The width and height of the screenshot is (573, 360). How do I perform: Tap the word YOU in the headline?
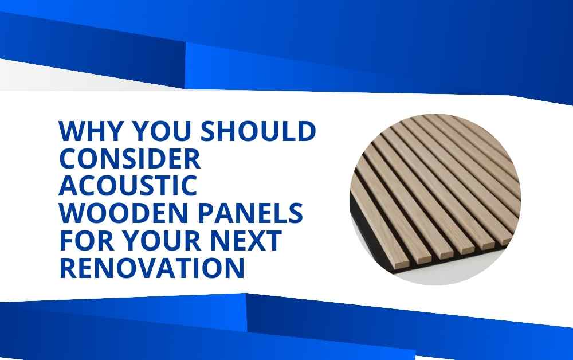click(x=161, y=131)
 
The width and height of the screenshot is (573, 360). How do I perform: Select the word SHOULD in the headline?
click(x=258, y=131)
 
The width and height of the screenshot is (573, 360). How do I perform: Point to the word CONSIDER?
click(x=129, y=158)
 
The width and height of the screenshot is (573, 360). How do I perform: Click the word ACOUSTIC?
click(x=128, y=185)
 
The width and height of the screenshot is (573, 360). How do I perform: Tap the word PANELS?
click(x=250, y=213)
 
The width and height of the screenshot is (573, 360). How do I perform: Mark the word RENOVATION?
click(x=152, y=268)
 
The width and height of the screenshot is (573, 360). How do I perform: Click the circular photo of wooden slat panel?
click(x=435, y=199)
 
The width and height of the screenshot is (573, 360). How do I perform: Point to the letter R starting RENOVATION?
click(x=68, y=268)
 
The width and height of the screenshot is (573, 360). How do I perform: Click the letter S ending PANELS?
click(x=295, y=213)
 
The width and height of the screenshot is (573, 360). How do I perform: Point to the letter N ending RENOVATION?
click(x=235, y=268)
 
